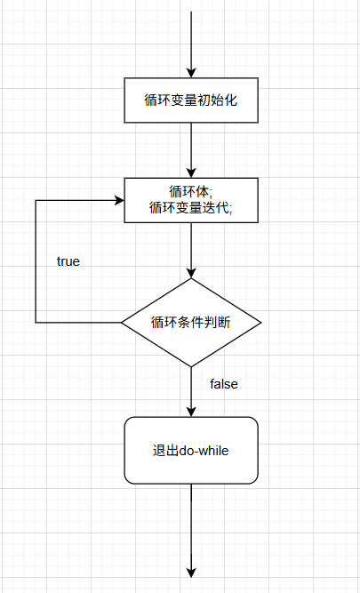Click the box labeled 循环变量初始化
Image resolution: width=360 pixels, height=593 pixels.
190,100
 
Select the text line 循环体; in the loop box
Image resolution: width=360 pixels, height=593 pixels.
190,191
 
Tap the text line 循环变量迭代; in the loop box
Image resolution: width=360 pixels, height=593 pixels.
190,208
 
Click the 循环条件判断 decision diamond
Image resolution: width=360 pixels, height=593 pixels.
190,322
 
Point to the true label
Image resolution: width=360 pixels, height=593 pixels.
68,261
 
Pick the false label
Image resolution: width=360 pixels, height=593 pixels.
223,384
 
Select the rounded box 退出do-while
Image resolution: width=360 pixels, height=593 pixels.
190,450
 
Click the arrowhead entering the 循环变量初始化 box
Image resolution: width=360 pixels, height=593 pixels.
190,73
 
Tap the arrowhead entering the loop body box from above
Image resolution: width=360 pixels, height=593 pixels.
190,172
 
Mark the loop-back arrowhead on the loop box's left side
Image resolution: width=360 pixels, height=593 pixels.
118,200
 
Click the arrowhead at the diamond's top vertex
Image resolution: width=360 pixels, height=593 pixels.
190,272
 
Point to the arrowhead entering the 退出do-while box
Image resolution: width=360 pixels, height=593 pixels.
190,411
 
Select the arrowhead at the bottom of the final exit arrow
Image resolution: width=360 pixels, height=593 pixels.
190,571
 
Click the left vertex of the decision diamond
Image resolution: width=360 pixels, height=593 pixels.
122,322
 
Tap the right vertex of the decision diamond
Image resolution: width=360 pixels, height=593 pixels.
260,322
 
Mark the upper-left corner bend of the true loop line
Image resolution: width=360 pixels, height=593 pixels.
36,200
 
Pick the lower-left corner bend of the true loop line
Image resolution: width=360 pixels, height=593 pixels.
36,322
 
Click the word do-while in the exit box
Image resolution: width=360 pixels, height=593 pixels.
205,450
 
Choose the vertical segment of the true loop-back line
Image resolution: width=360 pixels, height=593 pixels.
36,267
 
